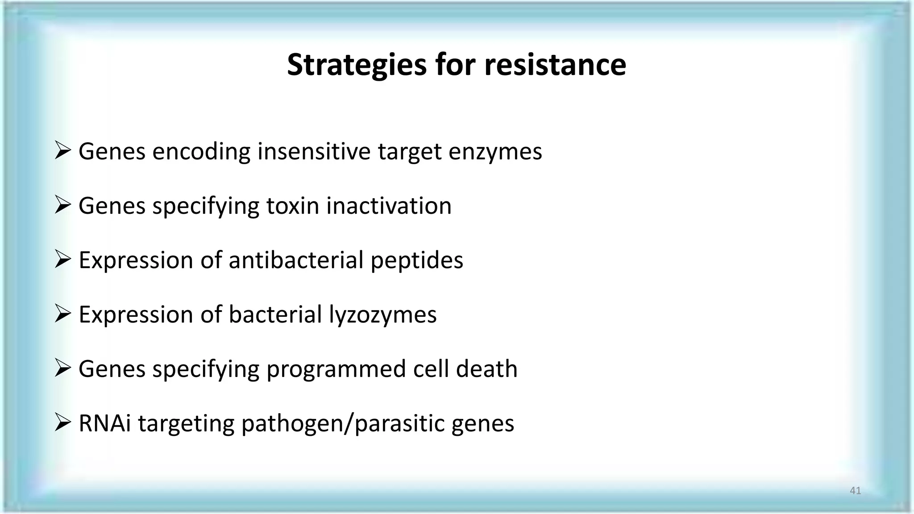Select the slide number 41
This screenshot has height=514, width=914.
[x=855, y=491]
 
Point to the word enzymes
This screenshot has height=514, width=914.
[x=495, y=152]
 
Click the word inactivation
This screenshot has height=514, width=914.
[x=389, y=206]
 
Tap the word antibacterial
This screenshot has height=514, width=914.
[x=296, y=260]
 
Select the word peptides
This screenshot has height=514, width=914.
[x=417, y=261]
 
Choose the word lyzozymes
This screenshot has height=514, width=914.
[x=382, y=315]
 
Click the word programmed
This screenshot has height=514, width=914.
[x=336, y=369]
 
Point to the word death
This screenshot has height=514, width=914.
[x=486, y=369]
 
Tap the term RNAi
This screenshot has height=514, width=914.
[x=105, y=423]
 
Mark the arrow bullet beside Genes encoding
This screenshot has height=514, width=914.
[x=62, y=150]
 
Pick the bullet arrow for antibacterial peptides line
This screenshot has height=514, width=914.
[x=62, y=259]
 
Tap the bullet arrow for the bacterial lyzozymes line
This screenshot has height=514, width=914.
[x=62, y=313]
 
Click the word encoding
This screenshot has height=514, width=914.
[x=201, y=152]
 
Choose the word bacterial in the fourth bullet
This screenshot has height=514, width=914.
[x=275, y=315]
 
